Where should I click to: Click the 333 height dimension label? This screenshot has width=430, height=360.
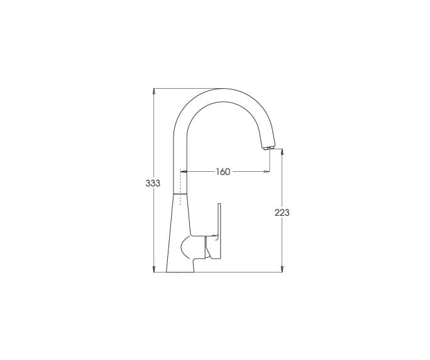pyautogui.click(x=153, y=183)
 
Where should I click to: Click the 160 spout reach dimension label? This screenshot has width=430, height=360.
pyautogui.click(x=223, y=172)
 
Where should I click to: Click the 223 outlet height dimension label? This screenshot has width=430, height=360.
pyautogui.click(x=282, y=213)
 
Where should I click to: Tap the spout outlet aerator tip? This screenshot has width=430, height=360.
pyautogui.click(x=268, y=149)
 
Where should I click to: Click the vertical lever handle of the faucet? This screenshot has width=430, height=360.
pyautogui.click(x=219, y=230)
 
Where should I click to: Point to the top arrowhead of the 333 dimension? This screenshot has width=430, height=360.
pyautogui.click(x=154, y=91)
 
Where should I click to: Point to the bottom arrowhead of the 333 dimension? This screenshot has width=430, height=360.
pyautogui.click(x=154, y=269)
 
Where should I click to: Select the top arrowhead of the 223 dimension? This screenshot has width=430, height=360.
pyautogui.click(x=282, y=152)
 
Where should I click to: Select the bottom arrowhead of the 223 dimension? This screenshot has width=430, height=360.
pyautogui.click(x=282, y=269)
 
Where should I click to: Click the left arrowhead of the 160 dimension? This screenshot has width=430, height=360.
pyautogui.click(x=184, y=172)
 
